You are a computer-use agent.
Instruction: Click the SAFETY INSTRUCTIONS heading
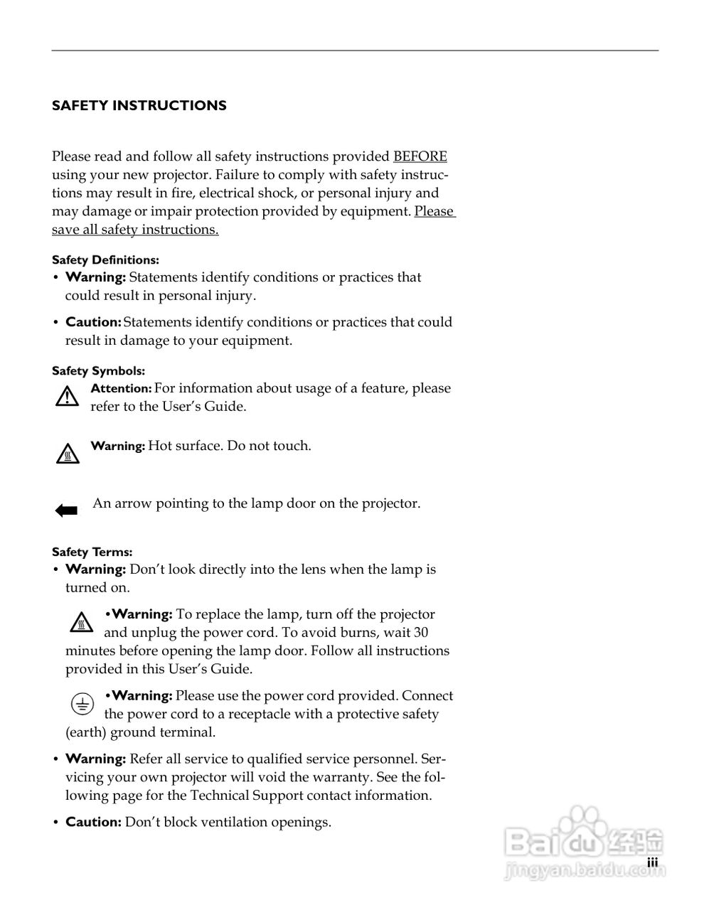[139, 106]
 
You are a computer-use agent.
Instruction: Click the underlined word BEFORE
[420, 156]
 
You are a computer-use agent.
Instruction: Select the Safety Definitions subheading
[105, 260]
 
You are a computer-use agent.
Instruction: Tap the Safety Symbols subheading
[98, 371]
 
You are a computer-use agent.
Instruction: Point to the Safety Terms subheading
[92, 552]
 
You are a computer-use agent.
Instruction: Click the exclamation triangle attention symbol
[67, 397]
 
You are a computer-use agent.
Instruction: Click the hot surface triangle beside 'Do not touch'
[67, 454]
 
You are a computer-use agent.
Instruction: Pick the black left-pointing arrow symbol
[66, 510]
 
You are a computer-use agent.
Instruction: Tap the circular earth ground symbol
[82, 704]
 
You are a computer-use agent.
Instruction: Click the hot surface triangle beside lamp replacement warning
[81, 622]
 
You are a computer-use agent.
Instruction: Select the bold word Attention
[121, 389]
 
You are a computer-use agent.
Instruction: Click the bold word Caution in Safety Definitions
[93, 322]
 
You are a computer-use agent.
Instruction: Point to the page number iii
[652, 862]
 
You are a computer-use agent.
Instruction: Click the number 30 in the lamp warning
[420, 633]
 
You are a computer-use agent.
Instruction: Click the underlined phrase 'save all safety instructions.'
[135, 230]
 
